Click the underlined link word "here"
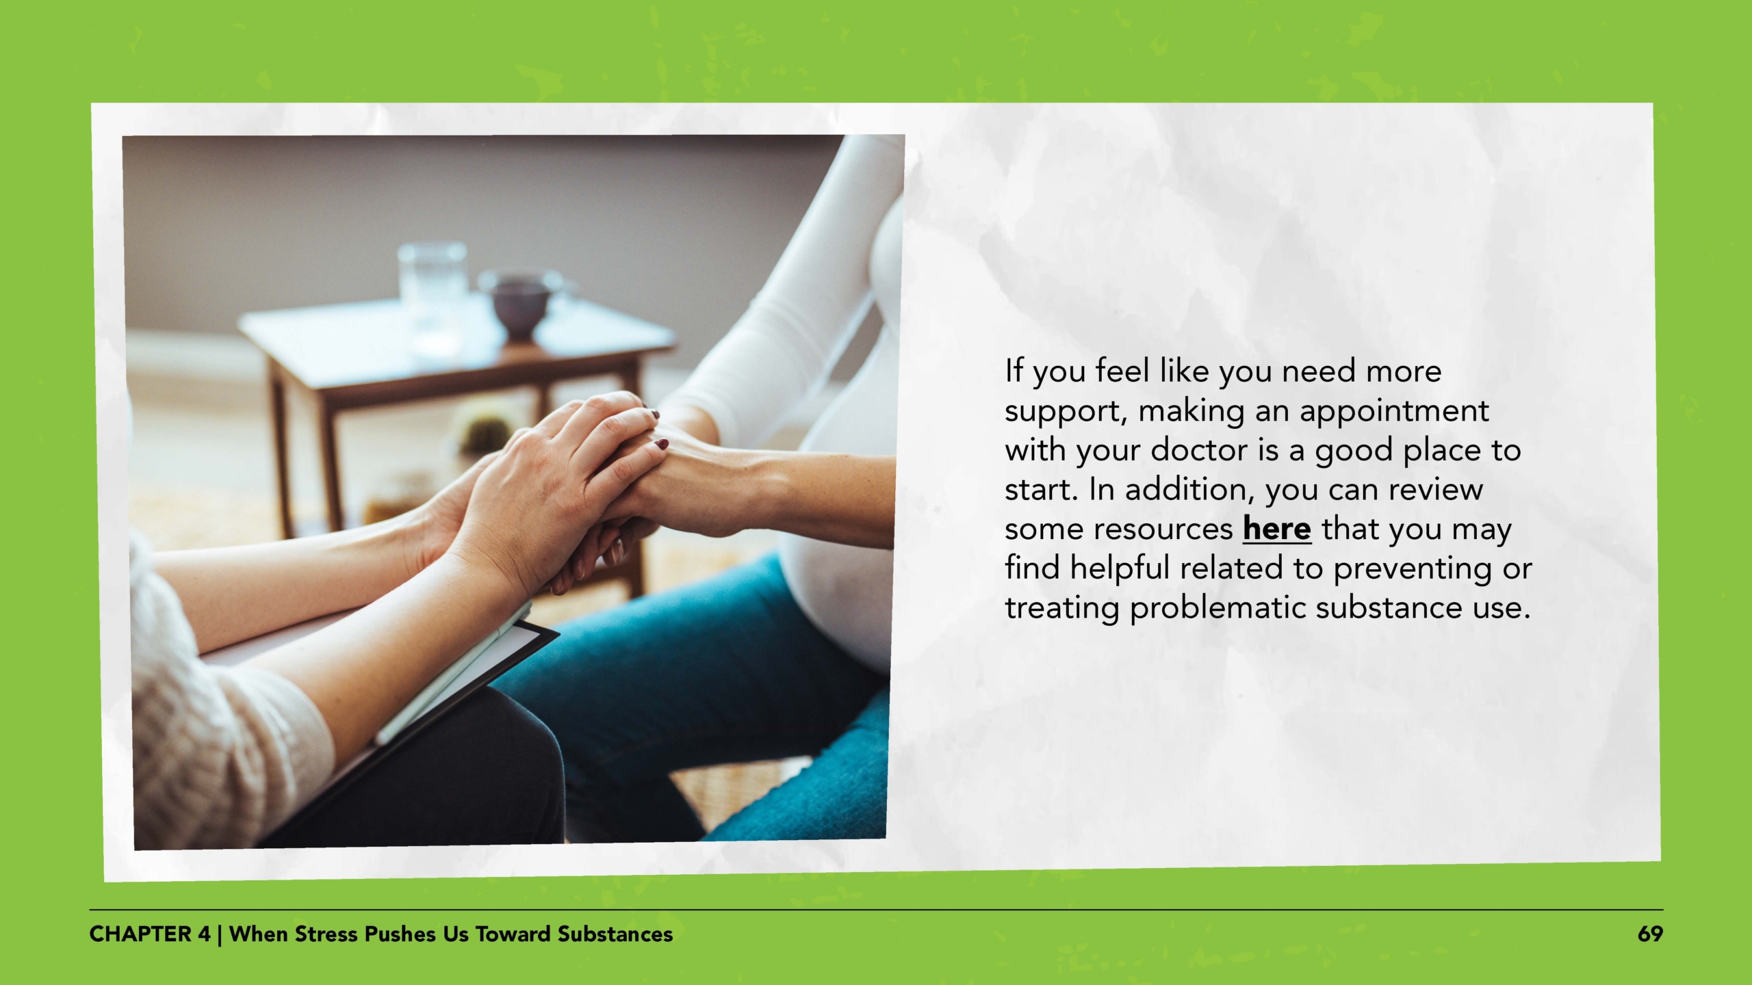pos(1276,529)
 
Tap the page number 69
pos(1649,934)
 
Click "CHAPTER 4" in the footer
pos(150,934)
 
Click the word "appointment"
pos(1393,411)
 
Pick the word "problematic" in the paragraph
pos(1218,608)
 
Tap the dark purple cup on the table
pos(519,304)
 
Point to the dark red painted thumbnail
pos(661,445)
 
